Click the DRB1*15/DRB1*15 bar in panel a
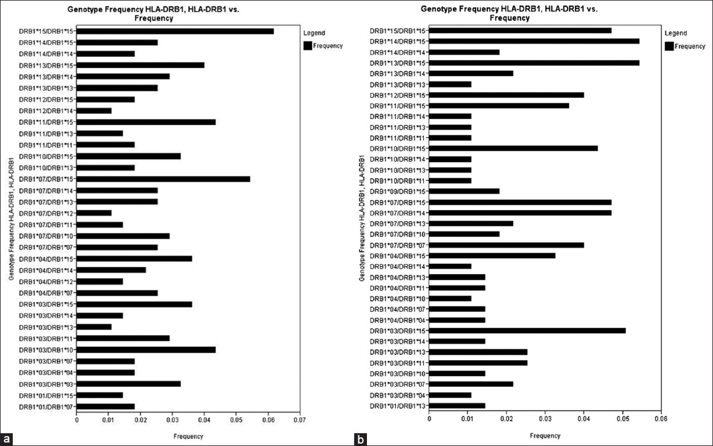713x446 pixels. pos(175,31)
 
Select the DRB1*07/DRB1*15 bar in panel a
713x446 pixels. pos(163,179)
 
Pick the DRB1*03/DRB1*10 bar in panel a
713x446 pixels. pos(146,350)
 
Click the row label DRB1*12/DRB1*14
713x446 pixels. pos(46,111)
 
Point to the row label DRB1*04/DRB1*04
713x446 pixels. pos(398,320)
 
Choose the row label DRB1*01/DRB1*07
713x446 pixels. pos(46,407)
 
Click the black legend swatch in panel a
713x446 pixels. pos(307,46)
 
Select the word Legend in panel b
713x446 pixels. pos(675,33)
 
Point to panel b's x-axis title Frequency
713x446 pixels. pos(545,435)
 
